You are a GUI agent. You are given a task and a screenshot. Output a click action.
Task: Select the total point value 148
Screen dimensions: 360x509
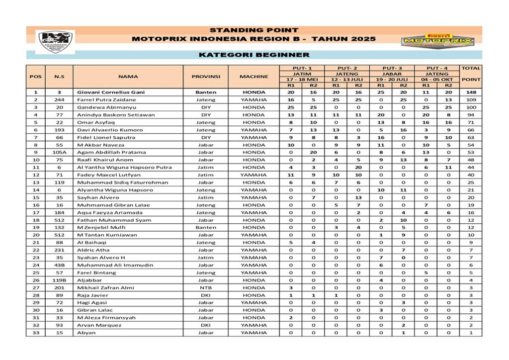point(471,92)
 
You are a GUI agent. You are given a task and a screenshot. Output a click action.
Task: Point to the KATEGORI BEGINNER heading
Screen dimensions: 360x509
point(254,55)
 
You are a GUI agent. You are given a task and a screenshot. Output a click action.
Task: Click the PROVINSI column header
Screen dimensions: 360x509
point(205,77)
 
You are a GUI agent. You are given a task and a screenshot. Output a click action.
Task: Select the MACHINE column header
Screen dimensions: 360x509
point(254,77)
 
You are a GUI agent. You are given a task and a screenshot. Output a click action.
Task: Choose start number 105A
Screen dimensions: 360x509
point(59,152)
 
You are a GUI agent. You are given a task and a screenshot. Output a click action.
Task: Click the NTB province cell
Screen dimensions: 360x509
point(205,287)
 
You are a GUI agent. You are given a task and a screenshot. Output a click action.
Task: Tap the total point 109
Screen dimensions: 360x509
point(471,99)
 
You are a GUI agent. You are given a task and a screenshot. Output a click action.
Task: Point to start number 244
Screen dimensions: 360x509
point(59,99)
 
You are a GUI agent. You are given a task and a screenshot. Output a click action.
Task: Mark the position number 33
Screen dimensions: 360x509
point(36,333)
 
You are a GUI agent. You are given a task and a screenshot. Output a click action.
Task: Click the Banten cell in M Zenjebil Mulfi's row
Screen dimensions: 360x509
point(205,227)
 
